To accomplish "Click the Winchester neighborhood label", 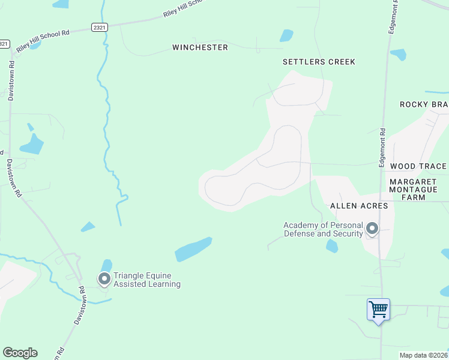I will point(200,47).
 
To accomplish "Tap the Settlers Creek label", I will point(319,62).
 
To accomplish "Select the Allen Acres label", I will point(359,206).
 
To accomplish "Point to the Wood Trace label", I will point(418,166).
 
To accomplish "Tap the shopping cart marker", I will point(378,310).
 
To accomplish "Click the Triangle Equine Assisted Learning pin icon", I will point(104,278).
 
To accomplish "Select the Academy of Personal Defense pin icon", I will point(372,229).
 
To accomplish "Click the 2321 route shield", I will point(100,28).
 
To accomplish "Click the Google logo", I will point(20,353).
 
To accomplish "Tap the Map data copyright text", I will point(423,355).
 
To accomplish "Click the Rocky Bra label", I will point(424,104).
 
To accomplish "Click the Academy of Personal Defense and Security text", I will point(323,229).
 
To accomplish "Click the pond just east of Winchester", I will point(287,36).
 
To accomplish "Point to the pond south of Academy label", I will point(332,246).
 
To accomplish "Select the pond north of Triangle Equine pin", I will point(106,265).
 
